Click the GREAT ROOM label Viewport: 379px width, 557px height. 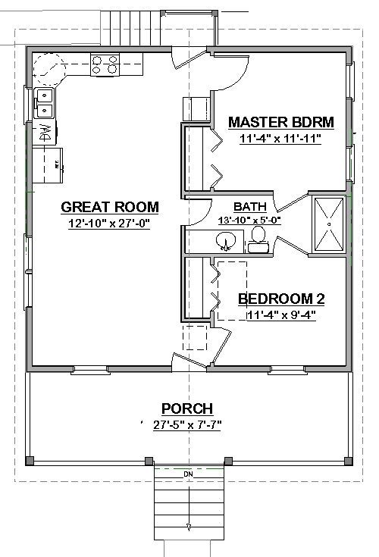(x=110, y=206)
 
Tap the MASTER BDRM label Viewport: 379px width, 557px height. (x=281, y=122)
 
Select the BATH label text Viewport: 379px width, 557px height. (x=249, y=206)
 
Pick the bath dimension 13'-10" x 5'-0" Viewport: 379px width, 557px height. (x=250, y=220)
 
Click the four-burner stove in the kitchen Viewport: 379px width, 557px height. (x=105, y=65)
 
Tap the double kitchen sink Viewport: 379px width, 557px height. (x=44, y=102)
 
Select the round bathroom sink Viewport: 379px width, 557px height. (x=226, y=243)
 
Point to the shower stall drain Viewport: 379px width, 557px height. (x=330, y=224)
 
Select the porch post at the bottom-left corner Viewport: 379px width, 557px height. (x=30, y=461)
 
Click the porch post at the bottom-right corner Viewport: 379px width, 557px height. (x=347, y=461)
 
